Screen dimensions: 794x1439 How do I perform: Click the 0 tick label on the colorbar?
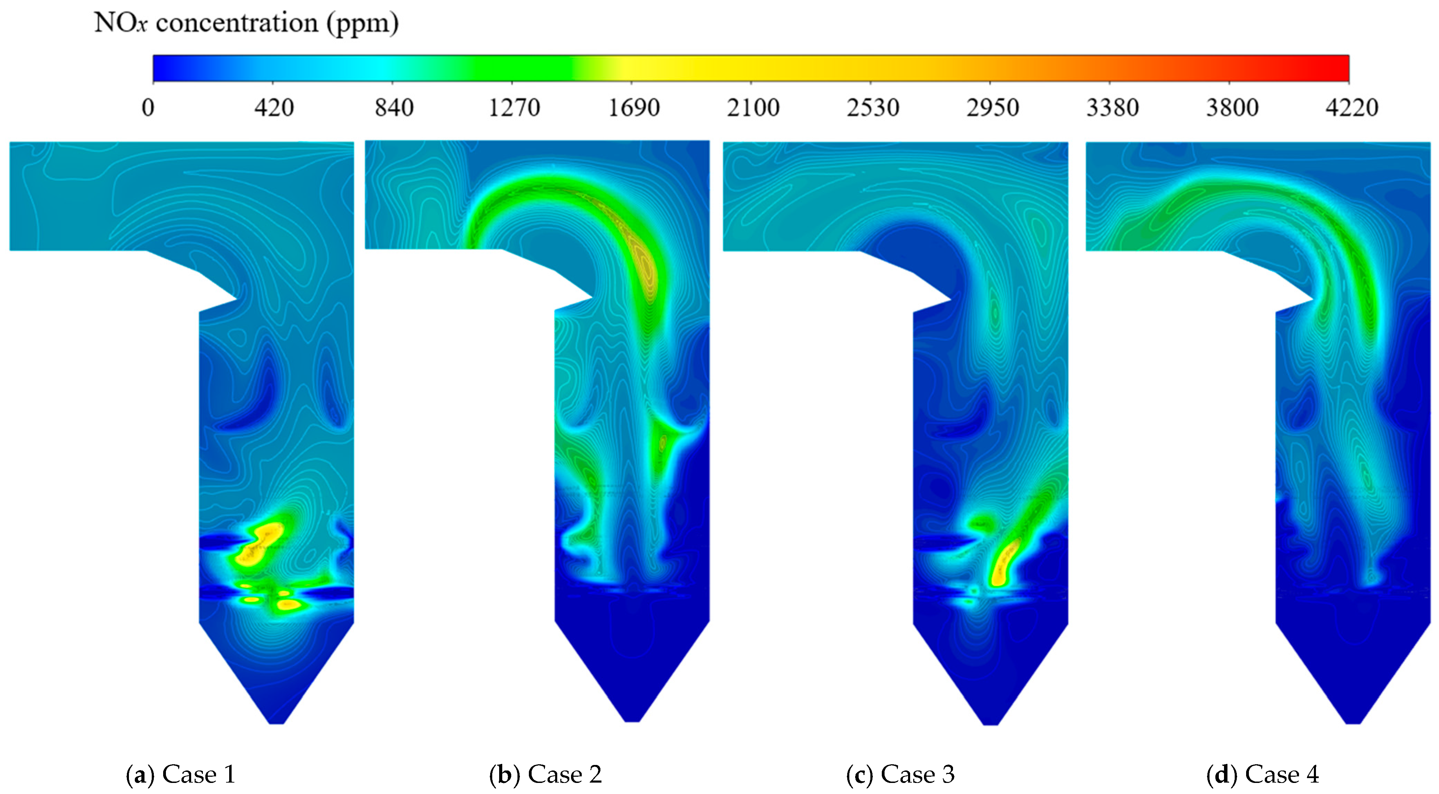click(x=148, y=107)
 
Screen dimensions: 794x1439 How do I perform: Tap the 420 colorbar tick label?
click(x=274, y=107)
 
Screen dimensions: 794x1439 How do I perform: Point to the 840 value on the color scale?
click(x=394, y=107)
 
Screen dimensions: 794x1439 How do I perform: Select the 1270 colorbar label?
click(x=514, y=107)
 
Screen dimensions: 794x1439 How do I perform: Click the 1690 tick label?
click(x=634, y=107)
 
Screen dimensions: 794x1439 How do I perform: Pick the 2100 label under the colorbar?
click(x=753, y=107)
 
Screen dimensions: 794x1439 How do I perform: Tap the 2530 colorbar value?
click(x=873, y=107)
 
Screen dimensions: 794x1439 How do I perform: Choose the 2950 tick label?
click(x=993, y=107)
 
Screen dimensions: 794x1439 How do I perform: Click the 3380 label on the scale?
click(x=1112, y=107)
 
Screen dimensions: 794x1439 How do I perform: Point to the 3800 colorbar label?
click(x=1232, y=107)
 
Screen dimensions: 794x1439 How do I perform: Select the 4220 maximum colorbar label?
click(x=1352, y=107)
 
